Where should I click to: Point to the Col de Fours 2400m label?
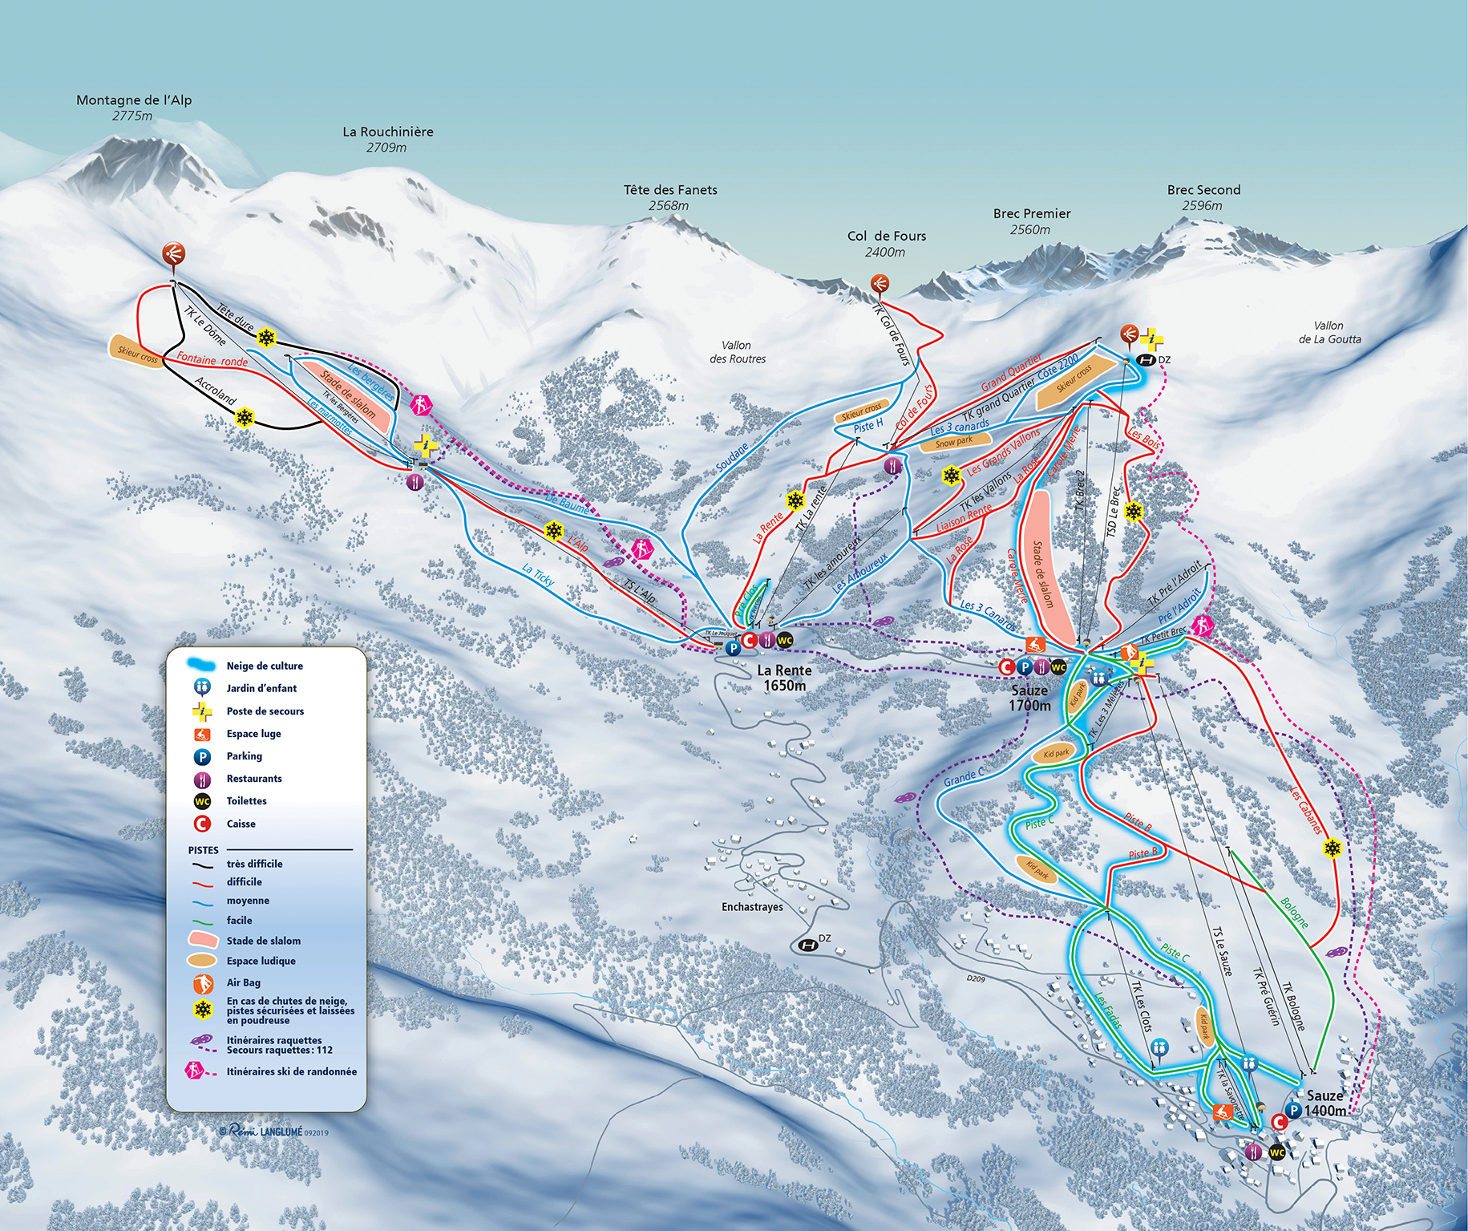[x=886, y=243]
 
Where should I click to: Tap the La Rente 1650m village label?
[x=784, y=678]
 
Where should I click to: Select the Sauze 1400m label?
[x=1324, y=1103]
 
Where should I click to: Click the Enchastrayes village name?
[x=751, y=907]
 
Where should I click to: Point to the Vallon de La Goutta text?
[x=1329, y=332]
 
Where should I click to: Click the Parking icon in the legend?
[x=203, y=756]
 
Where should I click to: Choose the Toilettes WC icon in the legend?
[x=203, y=801]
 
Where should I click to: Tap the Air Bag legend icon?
[x=203, y=982]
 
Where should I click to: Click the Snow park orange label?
[x=953, y=442]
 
